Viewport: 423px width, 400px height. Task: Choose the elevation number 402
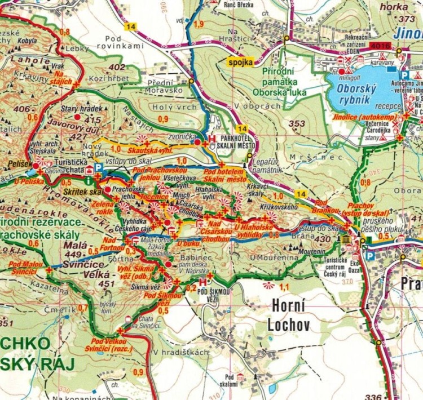(x=117, y=67)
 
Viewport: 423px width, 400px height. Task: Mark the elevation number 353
(x=296, y=123)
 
